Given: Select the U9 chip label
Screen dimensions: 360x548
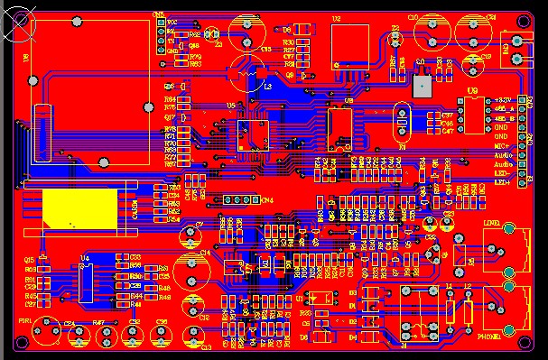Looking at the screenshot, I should pyautogui.click(x=473, y=91).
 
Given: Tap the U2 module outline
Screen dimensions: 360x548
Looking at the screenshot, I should pyautogui.click(x=349, y=44).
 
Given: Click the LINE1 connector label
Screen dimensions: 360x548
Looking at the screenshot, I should pyautogui.click(x=492, y=221).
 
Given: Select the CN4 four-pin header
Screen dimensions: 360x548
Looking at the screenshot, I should pyautogui.click(x=235, y=199).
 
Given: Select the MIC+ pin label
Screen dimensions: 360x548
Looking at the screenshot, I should pyautogui.click(x=500, y=144).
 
